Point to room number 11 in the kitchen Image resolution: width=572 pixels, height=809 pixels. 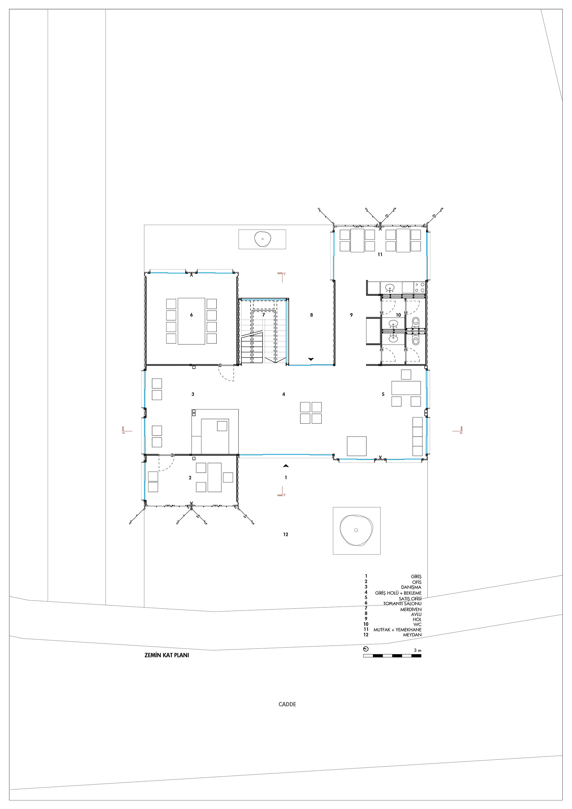pyautogui.click(x=380, y=255)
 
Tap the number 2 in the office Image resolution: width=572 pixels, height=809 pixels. pyautogui.click(x=190, y=478)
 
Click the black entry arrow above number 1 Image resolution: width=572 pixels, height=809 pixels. pyautogui.click(x=286, y=466)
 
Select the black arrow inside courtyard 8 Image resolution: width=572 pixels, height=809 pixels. pyautogui.click(x=311, y=359)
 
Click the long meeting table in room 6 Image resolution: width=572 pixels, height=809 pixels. pyautogui.click(x=191, y=321)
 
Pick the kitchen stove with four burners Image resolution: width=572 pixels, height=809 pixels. pyautogui.click(x=420, y=287)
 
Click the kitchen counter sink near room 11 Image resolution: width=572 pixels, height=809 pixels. pyautogui.click(x=390, y=287)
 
